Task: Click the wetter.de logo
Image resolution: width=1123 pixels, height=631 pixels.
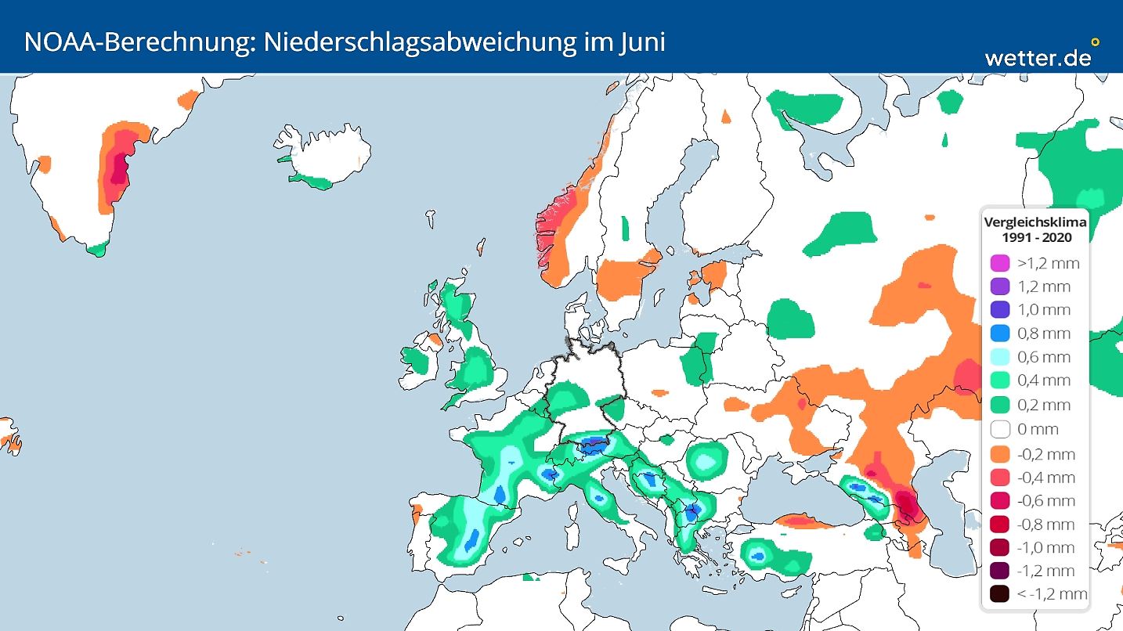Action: coord(1037,56)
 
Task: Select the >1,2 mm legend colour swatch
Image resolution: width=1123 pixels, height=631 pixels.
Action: coord(998,263)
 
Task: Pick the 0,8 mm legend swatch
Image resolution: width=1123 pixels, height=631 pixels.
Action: coord(998,334)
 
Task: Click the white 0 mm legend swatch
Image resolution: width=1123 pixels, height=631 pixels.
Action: coord(998,429)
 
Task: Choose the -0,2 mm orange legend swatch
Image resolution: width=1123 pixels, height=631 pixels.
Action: coord(998,454)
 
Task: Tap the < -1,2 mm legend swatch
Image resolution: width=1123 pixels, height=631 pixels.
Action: coord(998,594)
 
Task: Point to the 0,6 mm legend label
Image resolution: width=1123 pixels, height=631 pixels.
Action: coord(1043,357)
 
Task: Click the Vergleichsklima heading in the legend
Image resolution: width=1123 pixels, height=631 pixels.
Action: coord(1035,222)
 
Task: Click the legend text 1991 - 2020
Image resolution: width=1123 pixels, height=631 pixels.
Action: coord(1035,237)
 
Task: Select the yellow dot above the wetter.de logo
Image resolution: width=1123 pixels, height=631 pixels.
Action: coord(1095,42)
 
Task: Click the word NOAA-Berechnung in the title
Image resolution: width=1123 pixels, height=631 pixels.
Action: coord(135,41)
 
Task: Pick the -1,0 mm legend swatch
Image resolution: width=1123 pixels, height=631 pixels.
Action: coord(998,547)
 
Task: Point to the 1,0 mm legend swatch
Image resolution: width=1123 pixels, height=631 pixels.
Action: coord(998,310)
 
